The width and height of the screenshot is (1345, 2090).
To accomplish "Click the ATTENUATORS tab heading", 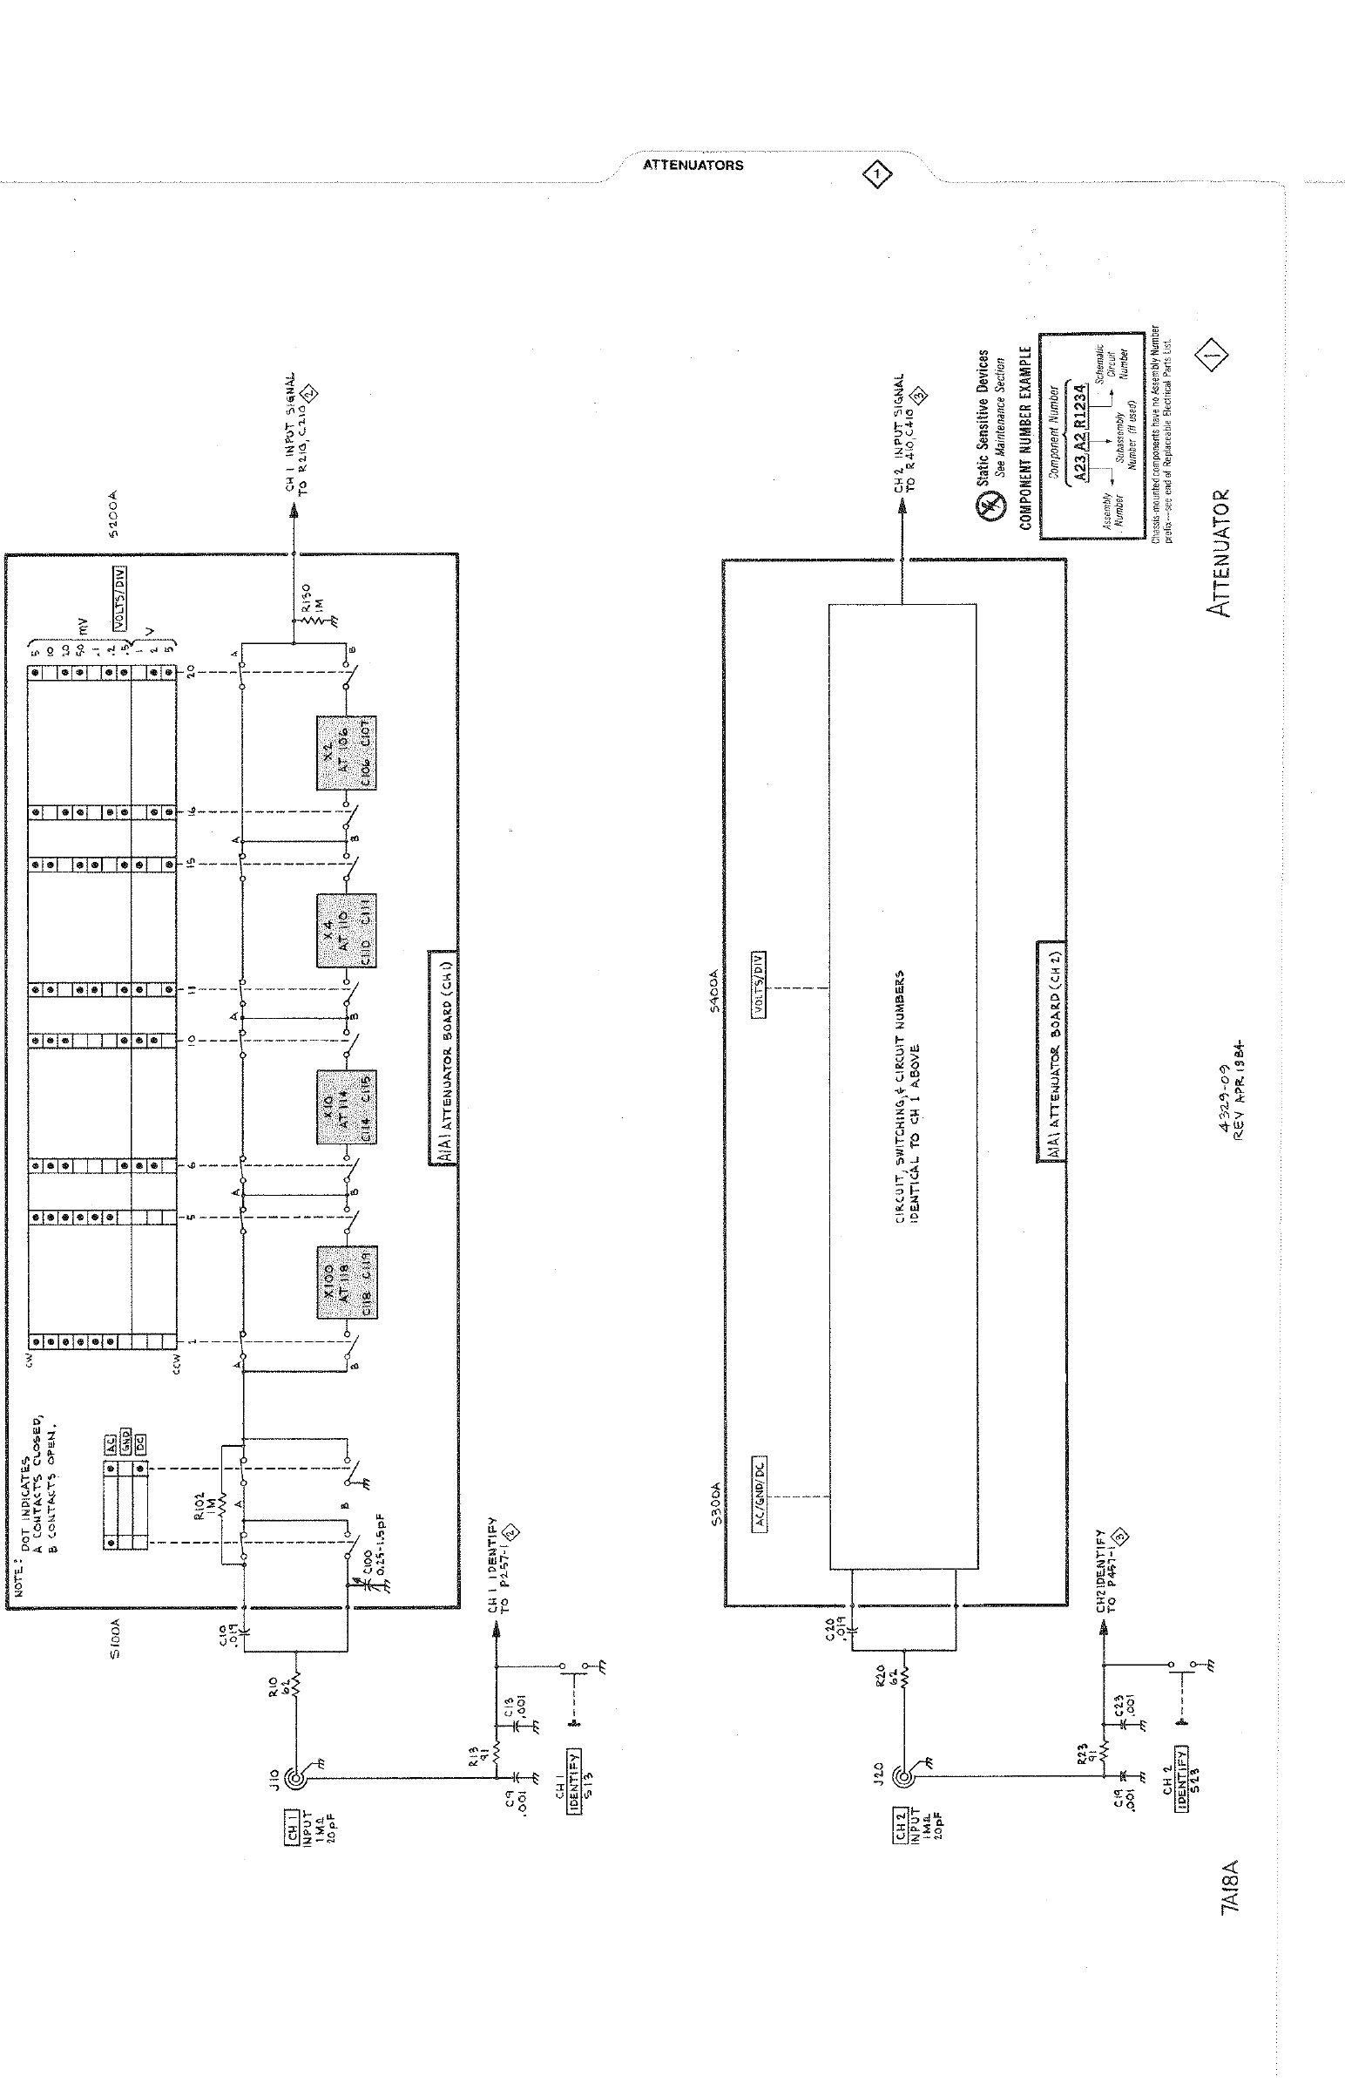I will [x=693, y=165].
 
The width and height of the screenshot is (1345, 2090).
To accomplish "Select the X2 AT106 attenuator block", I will [x=347, y=753].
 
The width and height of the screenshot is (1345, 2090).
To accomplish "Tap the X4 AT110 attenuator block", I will [x=347, y=930].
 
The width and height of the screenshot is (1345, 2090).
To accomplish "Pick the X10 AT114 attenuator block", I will [x=347, y=1106].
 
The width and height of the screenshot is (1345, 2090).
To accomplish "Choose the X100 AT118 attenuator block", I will [x=347, y=1281].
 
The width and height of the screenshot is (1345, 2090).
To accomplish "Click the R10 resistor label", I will [x=278, y=1679].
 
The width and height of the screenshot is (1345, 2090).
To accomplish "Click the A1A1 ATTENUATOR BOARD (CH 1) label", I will [x=443, y=1056].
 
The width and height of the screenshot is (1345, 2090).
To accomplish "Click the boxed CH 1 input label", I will [x=293, y=1824].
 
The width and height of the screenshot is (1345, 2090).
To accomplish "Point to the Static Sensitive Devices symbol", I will [x=985, y=506].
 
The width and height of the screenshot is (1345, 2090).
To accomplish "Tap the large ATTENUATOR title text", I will [x=1219, y=553].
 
